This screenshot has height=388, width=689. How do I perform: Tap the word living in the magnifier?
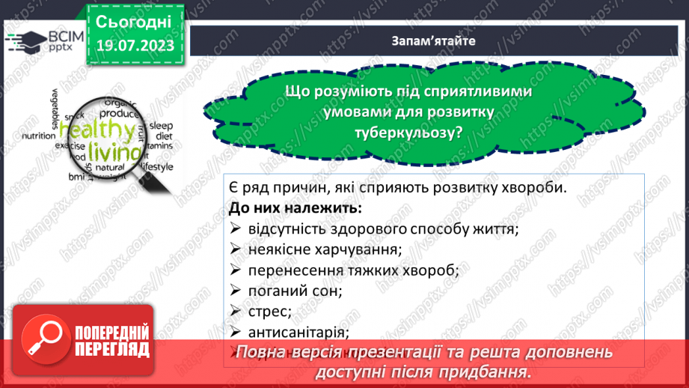click(x=113, y=152)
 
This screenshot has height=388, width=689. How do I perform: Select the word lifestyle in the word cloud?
click(x=156, y=166)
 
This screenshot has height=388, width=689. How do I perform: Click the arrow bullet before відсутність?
click(x=235, y=228)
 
